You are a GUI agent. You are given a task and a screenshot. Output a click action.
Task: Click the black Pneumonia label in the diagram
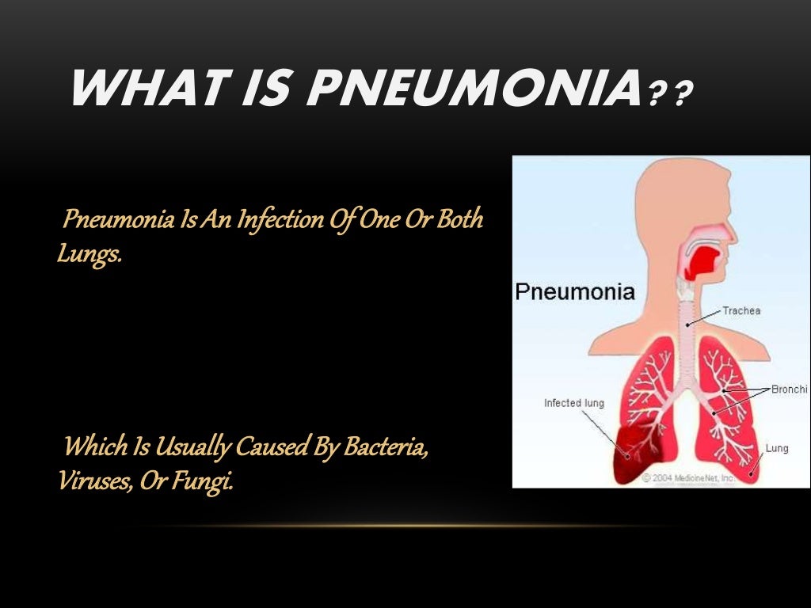click(574, 291)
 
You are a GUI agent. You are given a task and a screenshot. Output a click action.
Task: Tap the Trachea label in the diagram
click(741, 310)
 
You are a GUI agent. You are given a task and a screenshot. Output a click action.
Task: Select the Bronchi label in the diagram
click(790, 389)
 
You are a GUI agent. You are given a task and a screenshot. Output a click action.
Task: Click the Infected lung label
click(573, 403)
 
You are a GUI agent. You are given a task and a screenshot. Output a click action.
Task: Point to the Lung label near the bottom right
click(777, 448)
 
